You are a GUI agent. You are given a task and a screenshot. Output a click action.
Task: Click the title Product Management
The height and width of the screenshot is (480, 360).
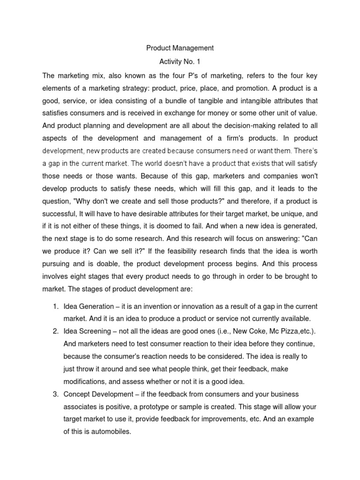click(180, 48)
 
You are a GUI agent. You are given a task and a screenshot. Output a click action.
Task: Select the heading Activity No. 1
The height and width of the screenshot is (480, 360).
click(180, 61)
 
